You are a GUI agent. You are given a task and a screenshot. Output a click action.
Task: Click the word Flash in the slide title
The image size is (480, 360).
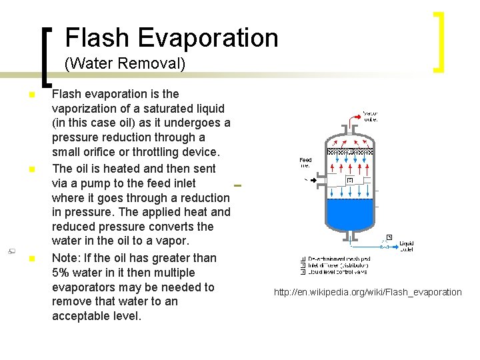[x=91, y=37]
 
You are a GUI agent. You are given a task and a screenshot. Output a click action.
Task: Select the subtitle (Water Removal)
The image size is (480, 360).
[x=125, y=65]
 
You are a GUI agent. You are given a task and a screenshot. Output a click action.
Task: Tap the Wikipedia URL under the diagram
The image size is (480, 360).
[x=367, y=292]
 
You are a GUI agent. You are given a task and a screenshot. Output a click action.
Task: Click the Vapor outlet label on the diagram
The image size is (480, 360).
[x=370, y=117]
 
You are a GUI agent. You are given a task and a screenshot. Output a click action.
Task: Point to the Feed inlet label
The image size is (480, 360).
[x=305, y=163]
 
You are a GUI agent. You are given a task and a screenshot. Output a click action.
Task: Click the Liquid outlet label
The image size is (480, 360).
[x=406, y=247]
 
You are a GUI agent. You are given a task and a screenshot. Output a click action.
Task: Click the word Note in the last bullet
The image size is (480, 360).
[x=65, y=258]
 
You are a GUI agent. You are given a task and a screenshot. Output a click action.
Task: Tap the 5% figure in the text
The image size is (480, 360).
[x=63, y=273]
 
